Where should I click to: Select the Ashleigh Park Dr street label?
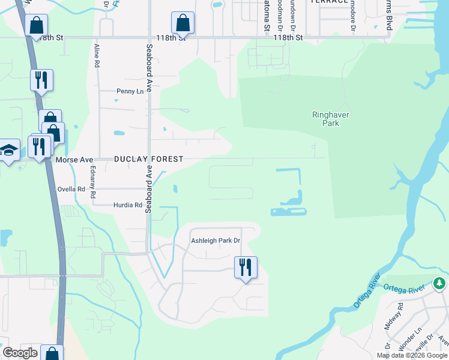point(215,241)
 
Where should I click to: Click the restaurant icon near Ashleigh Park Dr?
point(246,266)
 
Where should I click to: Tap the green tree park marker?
point(440,283)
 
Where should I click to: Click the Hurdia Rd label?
point(127,205)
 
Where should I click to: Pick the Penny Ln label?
point(130,91)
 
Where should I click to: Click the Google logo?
point(20,353)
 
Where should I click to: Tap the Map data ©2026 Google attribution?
point(412,355)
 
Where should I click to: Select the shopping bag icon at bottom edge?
point(52,353)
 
